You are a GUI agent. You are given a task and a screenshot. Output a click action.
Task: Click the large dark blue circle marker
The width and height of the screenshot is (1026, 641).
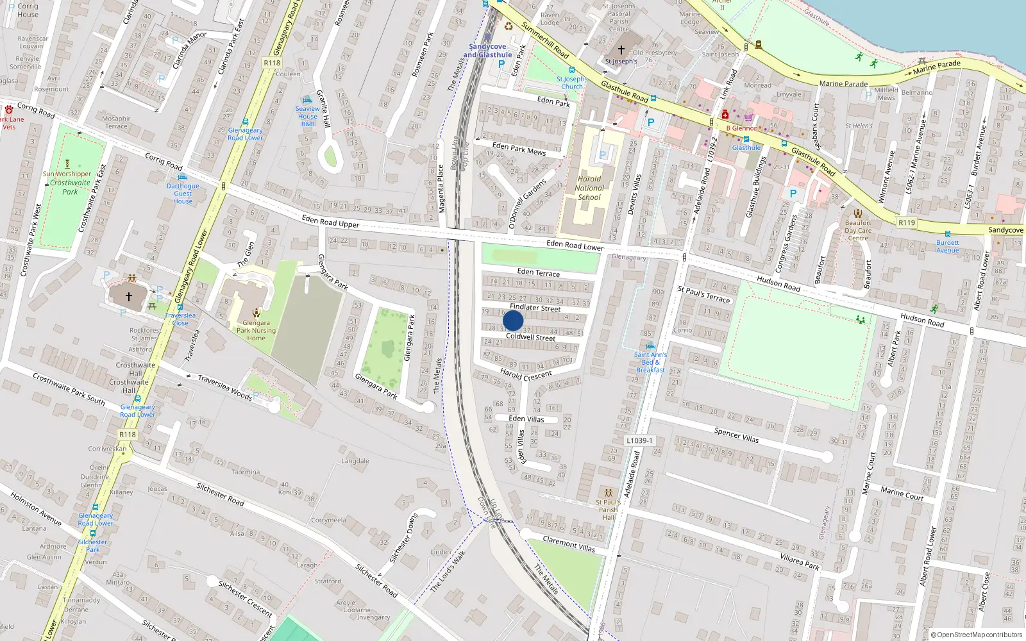[513, 320]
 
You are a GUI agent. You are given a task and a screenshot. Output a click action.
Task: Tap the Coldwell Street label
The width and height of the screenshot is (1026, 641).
[530, 337]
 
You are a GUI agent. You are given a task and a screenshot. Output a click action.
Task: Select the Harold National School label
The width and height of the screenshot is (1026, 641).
[589, 188]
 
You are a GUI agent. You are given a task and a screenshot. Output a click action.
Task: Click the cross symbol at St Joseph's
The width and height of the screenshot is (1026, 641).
[621, 49]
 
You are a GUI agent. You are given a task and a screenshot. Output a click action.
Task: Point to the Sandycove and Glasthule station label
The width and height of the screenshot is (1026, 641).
[487, 51]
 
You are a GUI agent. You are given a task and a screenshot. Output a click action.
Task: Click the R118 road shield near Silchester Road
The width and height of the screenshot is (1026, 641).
[128, 435]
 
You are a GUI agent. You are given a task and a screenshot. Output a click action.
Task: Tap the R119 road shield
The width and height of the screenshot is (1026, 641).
[906, 222]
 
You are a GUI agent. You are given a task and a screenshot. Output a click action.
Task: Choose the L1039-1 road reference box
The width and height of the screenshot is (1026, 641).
[639, 440]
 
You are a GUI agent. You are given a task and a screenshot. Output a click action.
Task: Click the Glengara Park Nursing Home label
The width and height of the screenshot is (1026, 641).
[256, 331]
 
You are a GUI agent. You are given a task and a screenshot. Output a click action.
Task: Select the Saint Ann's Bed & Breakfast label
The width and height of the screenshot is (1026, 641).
[650, 362]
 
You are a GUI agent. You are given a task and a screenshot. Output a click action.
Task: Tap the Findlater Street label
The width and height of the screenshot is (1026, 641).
[535, 308]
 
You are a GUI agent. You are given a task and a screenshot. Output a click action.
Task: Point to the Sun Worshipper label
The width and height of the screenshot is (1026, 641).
[67, 174]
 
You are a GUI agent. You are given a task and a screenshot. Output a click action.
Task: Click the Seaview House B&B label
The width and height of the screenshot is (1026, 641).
[308, 116]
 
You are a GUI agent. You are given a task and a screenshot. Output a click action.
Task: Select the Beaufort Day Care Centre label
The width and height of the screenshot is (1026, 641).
[857, 231]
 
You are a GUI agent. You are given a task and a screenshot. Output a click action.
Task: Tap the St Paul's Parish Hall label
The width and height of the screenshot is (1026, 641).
[608, 510]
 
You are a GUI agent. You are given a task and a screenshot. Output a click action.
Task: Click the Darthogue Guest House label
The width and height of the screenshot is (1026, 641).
[183, 194]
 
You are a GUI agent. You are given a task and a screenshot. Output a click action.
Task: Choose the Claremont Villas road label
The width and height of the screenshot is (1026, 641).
[569, 544]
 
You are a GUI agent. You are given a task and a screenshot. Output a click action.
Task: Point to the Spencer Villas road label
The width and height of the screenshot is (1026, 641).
[736, 435]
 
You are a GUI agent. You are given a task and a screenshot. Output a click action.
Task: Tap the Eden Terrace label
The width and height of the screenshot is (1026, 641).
[538, 272]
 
